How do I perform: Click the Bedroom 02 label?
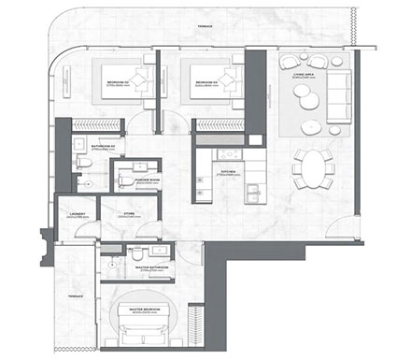pos(120,83)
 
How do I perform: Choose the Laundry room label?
pos(78,214)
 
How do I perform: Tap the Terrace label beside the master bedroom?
pos(75,296)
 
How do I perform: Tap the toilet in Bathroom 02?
pos(83,163)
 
